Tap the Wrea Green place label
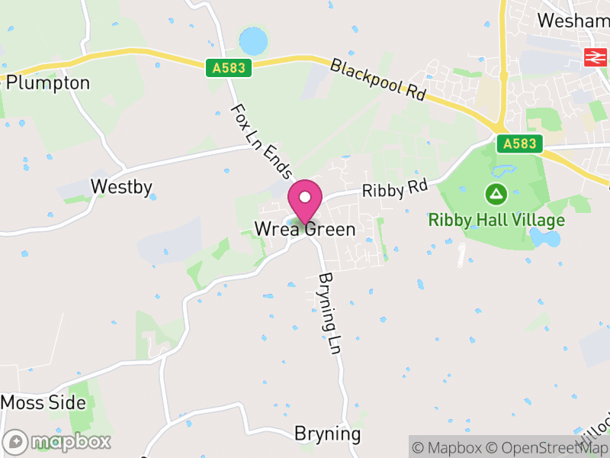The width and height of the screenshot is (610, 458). pos(305,229)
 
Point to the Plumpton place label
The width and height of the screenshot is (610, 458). pos(47,82)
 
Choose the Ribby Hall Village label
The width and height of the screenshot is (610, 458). pos(496,220)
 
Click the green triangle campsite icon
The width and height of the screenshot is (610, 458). pos(496,194)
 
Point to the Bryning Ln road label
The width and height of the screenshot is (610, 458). pos(328,313)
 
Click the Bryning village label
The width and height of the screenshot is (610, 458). pos(327,434)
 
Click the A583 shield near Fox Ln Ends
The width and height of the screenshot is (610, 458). pos(229,68)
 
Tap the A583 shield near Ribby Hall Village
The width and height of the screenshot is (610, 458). pos(519,144)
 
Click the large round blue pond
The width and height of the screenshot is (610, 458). pos(253,40)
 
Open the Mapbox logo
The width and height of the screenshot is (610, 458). pos(58,441)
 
